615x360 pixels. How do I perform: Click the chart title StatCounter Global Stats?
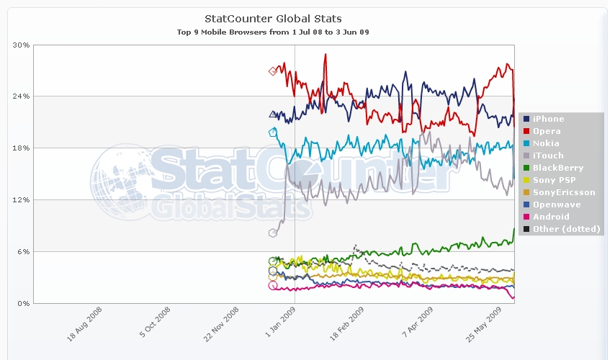coord(273,18)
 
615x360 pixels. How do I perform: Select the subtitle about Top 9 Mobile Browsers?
coord(273,32)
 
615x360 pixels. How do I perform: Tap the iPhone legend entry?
coord(548,119)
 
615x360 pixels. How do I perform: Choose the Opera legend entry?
coord(547,131)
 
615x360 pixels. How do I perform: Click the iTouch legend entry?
coord(548,156)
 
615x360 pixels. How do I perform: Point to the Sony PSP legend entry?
coord(552,180)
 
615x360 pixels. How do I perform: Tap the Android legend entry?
coord(551,217)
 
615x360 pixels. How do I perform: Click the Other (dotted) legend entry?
coord(566,229)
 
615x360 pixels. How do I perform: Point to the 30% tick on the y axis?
coord(22,45)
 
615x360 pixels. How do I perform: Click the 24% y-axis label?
coord(22,96)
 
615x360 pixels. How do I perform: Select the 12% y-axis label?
coord(22,200)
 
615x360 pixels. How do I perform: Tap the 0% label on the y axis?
coord(24,304)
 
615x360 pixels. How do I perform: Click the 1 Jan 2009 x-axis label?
coord(282,328)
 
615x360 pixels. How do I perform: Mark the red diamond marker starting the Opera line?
coord(273,71)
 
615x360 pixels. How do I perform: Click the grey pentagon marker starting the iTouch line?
coord(273,233)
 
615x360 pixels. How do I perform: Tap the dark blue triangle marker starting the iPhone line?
coord(273,114)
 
